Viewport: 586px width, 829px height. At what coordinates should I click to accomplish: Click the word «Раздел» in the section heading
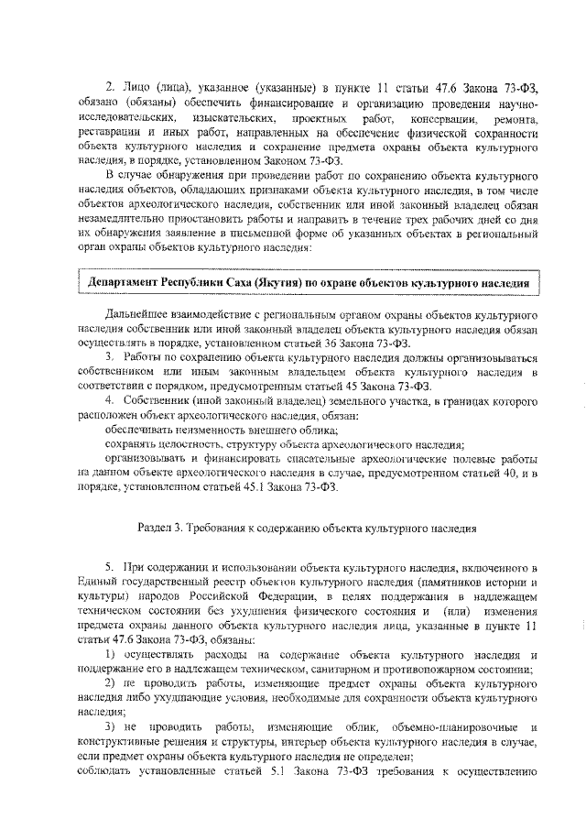pos(157,529)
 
